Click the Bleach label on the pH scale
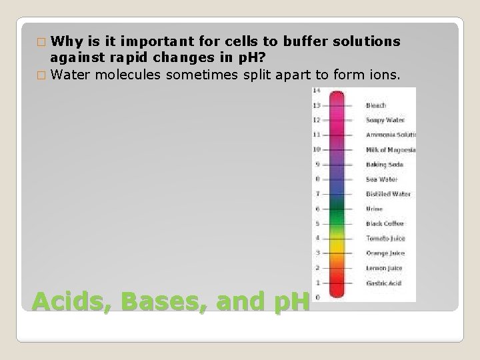[x=377, y=105]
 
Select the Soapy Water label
[x=385, y=120]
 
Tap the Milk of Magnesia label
[x=391, y=149]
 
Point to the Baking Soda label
[x=384, y=164]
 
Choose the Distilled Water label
[x=388, y=194]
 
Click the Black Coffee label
[x=385, y=223]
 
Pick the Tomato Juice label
[x=385, y=238]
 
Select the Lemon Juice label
[x=384, y=268]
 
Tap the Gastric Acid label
[x=384, y=283]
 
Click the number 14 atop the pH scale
[x=317, y=91]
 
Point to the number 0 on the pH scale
[x=317, y=297]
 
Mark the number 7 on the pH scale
[x=317, y=194]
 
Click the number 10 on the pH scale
[x=317, y=149]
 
